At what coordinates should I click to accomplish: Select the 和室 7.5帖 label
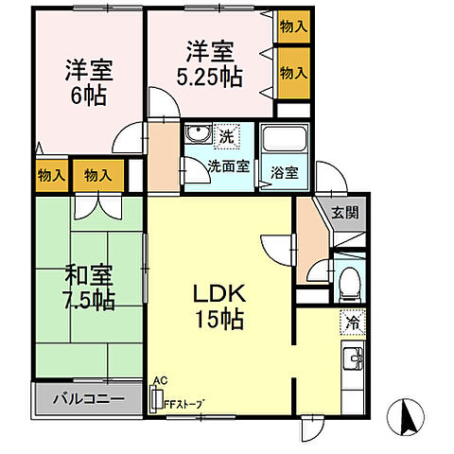click(90, 288)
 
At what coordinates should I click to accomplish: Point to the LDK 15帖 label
click(219, 305)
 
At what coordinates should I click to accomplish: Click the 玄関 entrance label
click(345, 213)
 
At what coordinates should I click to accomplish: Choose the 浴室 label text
click(284, 173)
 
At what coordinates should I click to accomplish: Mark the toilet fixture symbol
click(349, 280)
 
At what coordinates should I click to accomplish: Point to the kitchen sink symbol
click(353, 360)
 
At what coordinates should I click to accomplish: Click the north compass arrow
click(409, 416)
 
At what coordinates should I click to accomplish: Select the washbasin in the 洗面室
click(198, 133)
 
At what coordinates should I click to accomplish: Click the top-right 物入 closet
click(292, 27)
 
